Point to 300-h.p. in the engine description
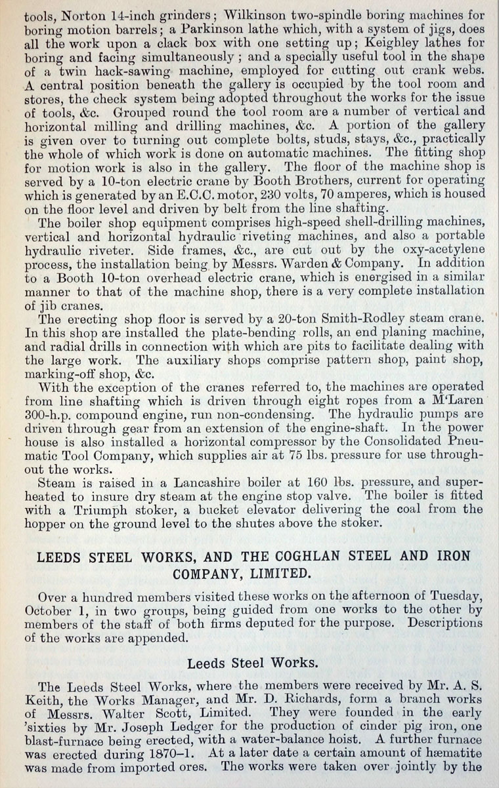(59, 415)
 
